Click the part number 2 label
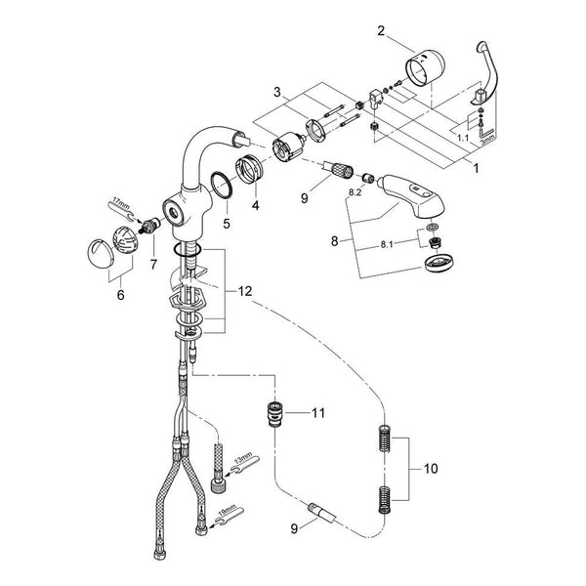tap(381, 30)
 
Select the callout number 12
tap(245, 291)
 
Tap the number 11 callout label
tap(318, 413)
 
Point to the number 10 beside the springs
tap(431, 468)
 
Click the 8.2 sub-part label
tap(356, 192)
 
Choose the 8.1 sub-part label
tap(387, 245)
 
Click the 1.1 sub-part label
tap(463, 138)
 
